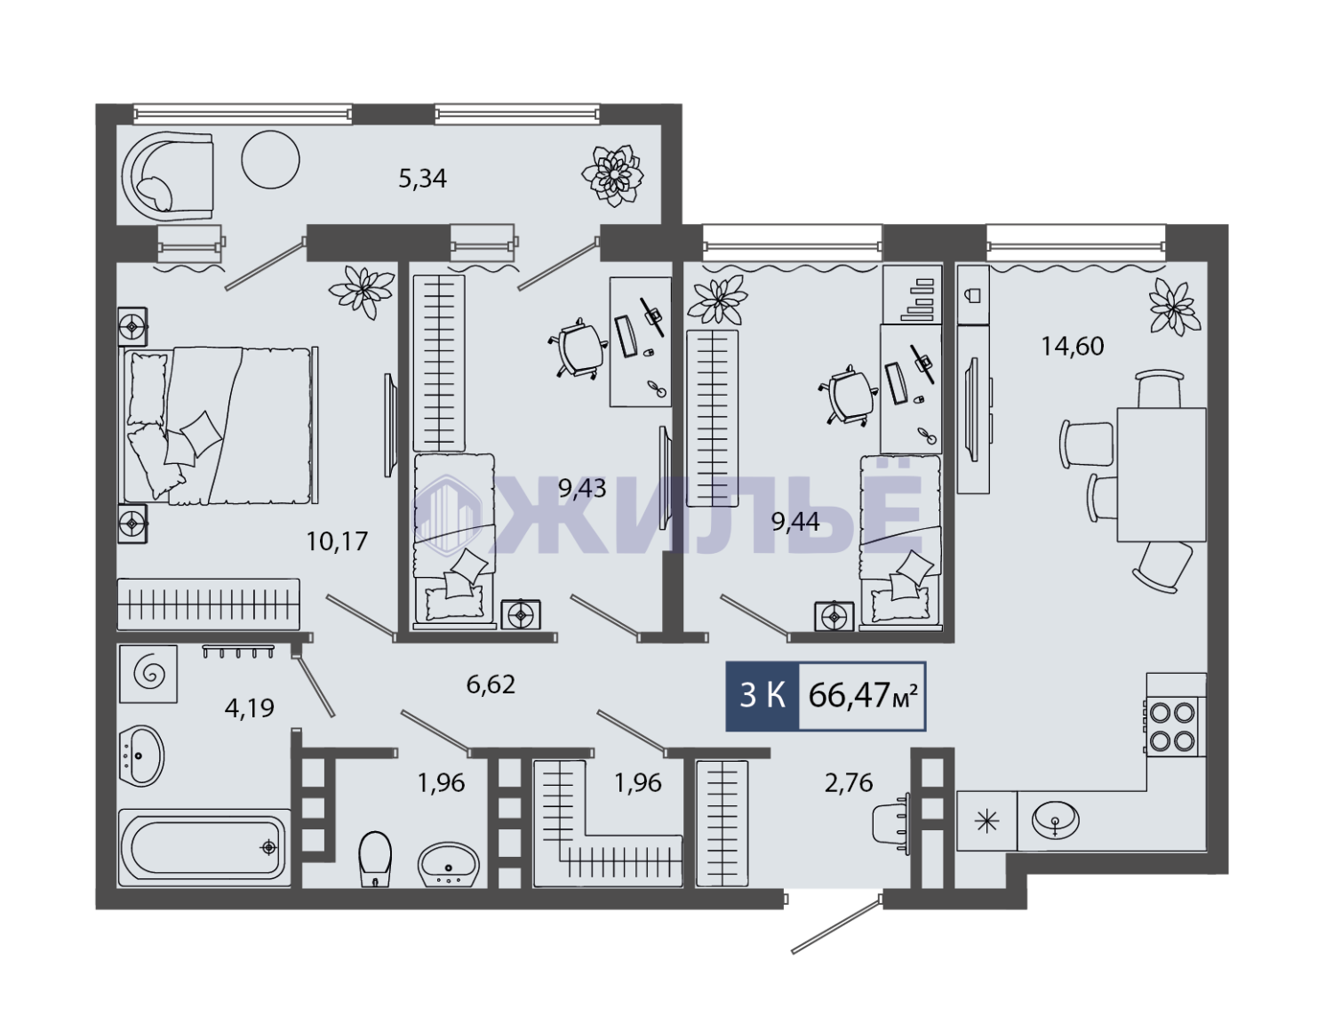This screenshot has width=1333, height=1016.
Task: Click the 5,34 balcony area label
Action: click(x=422, y=179)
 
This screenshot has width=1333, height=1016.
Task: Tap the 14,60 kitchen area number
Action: click(x=1072, y=346)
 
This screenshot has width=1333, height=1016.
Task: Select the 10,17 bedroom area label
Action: click(x=337, y=541)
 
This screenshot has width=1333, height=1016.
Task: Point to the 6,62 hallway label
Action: click(x=491, y=684)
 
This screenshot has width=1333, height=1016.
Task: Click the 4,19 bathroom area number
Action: click(x=249, y=708)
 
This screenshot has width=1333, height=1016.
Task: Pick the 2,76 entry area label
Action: click(x=849, y=783)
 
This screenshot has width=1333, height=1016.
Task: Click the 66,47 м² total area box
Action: click(x=862, y=696)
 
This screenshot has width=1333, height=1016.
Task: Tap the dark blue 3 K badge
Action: click(x=762, y=696)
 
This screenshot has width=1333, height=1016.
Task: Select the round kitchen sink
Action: click(x=1056, y=820)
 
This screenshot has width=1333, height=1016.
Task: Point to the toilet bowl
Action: click(x=375, y=859)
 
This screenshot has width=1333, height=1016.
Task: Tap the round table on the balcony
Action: click(x=270, y=160)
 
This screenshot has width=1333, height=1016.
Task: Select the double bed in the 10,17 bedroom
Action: click(x=220, y=426)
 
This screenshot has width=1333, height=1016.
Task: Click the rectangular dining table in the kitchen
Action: click(x=1161, y=475)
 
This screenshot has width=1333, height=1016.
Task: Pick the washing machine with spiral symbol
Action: click(x=148, y=674)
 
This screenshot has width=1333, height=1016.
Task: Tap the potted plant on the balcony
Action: click(x=613, y=176)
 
